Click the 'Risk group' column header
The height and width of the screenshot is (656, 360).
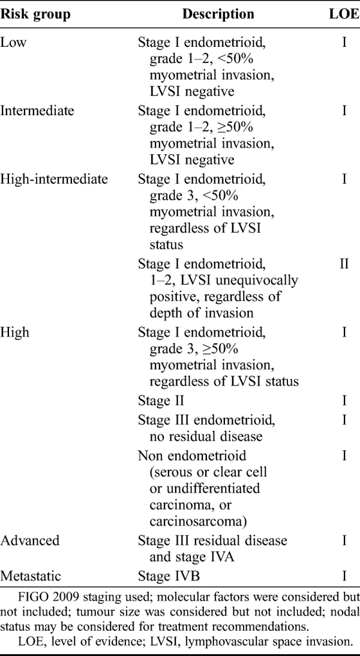tap(35, 14)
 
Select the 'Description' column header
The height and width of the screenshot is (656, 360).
tap(218, 14)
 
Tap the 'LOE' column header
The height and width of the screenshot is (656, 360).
tap(344, 14)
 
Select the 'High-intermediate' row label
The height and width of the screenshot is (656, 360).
tap(54, 179)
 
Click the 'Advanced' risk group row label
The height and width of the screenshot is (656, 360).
tap(30, 540)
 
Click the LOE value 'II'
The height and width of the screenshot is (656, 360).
tap(344, 263)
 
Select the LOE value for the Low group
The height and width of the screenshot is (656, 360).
tap(344, 43)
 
